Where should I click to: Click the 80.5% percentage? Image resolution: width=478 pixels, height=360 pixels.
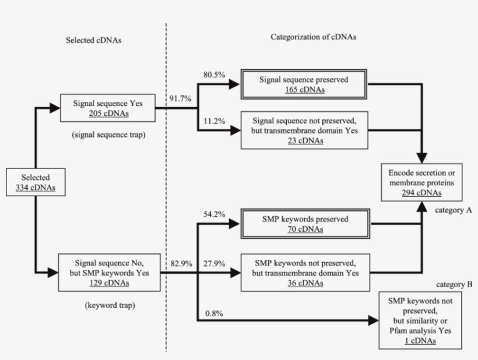[211, 75]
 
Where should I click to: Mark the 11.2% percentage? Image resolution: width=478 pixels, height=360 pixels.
[211, 122]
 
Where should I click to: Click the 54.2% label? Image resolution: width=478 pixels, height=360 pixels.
[211, 214]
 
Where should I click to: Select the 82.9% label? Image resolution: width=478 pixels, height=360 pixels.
[180, 263]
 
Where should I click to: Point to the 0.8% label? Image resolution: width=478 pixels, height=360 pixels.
[213, 314]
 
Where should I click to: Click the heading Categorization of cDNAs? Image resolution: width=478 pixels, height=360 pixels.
[314, 36]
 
